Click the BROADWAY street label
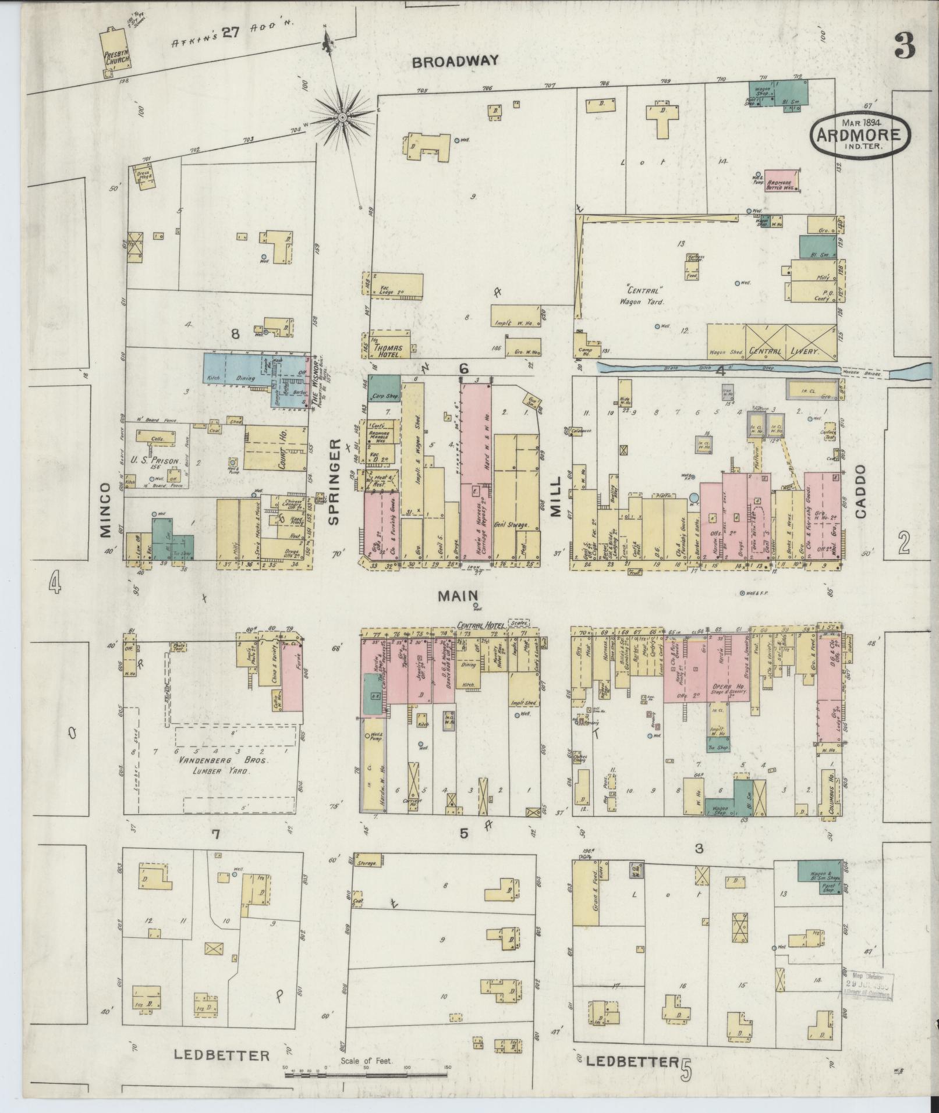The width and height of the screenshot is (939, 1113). point(456,61)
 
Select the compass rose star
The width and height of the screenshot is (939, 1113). point(343,117)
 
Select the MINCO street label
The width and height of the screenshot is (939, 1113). point(104,509)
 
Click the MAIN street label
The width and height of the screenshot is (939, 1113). point(458,595)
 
